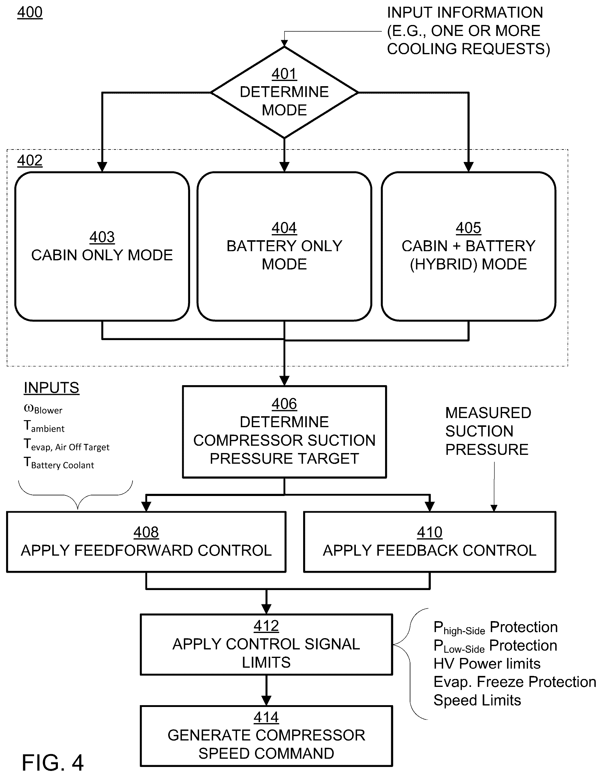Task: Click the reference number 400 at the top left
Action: [30, 12]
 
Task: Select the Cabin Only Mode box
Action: [102, 247]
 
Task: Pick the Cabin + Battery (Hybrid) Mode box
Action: [469, 247]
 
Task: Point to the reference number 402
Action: [30, 160]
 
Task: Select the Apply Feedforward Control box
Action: [146, 542]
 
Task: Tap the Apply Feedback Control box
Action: [430, 542]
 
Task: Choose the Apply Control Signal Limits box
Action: [266, 644]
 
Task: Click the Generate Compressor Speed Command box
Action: [266, 736]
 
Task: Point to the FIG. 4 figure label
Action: [53, 762]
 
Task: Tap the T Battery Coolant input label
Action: [59, 463]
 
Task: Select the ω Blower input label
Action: [43, 409]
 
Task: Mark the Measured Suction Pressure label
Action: [488, 431]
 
